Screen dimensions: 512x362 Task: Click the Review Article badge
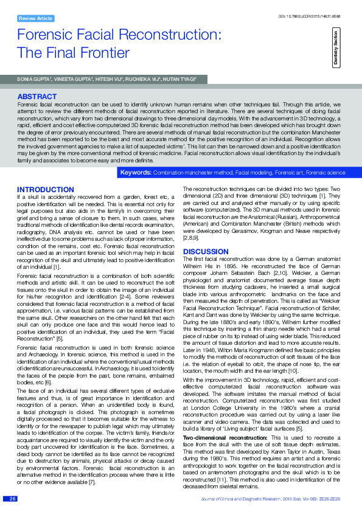click(x=36, y=19)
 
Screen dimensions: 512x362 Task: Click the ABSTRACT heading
click(x=37, y=97)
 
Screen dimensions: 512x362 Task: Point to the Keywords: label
click(x=135, y=173)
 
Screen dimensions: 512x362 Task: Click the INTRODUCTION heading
click(x=46, y=190)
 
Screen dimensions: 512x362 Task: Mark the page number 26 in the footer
click(x=12, y=499)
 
